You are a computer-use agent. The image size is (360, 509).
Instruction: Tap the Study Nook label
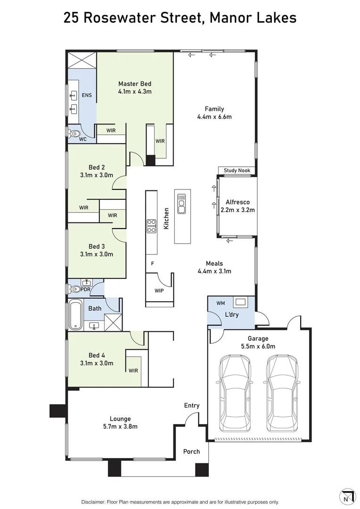point(237,171)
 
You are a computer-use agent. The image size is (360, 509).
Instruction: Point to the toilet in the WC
point(74,134)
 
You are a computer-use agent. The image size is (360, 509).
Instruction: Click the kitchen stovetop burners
point(152,226)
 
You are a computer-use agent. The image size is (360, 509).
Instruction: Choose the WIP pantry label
point(159,291)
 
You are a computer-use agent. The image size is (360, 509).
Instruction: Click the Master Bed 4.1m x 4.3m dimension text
point(135,91)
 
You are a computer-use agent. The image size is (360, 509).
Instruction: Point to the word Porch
point(191,452)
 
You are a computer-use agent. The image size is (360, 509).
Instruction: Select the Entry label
point(192,405)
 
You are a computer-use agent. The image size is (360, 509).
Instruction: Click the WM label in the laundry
point(221,303)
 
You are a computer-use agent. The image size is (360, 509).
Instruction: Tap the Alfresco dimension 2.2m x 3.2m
point(238,210)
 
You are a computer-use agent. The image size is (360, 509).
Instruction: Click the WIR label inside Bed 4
point(133,370)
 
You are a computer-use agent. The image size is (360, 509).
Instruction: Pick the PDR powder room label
point(85,289)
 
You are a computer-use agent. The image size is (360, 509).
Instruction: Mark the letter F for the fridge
point(152,263)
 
